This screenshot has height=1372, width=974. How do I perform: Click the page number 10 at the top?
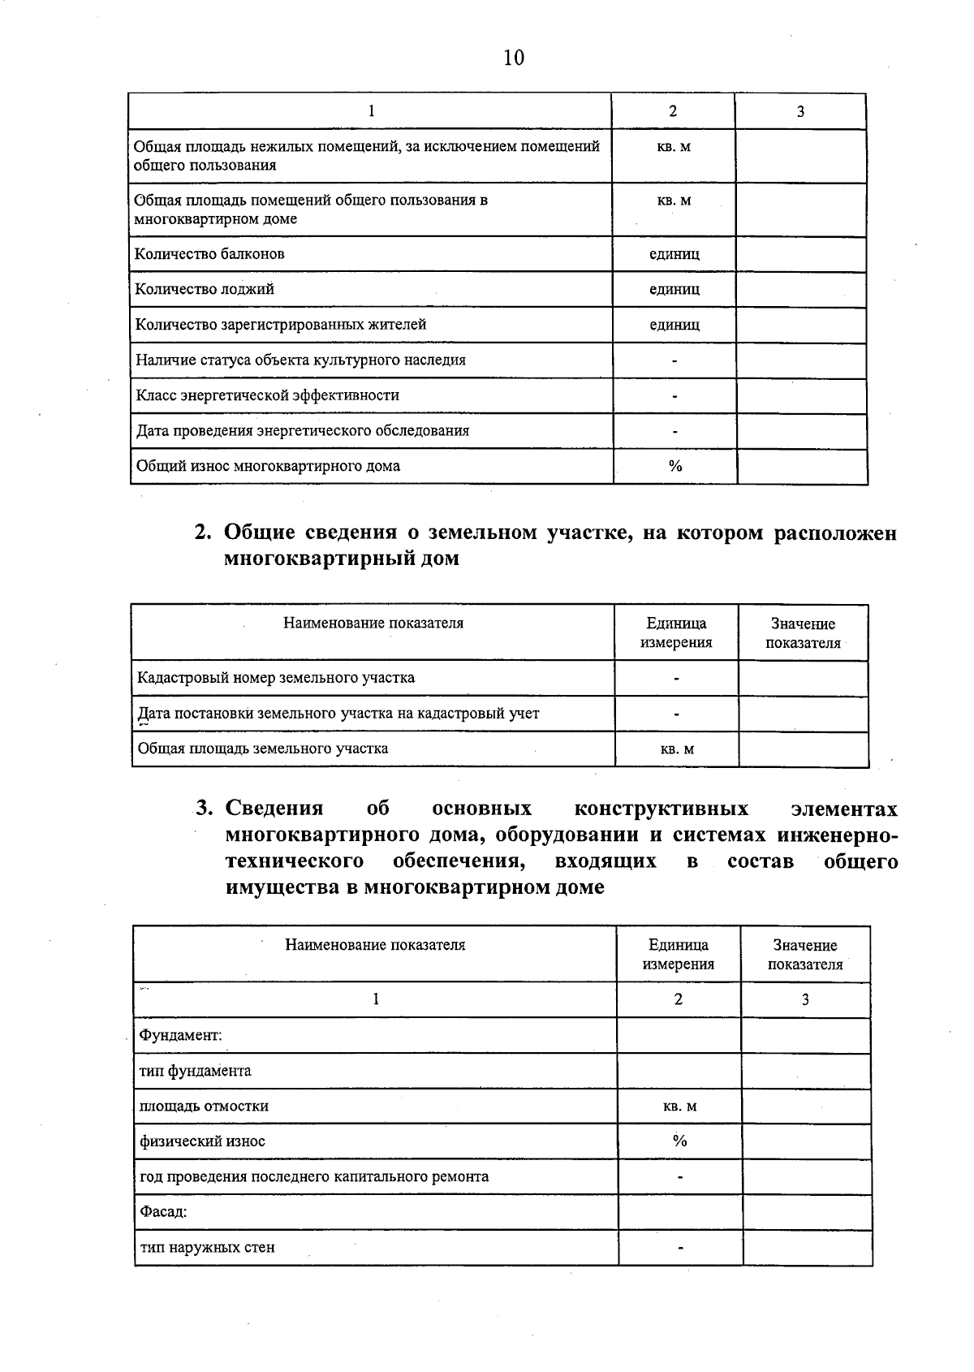514,58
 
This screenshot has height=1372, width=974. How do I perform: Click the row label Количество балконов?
209,254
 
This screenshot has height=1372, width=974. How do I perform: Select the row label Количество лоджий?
205,289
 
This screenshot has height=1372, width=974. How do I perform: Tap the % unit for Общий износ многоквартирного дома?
675,466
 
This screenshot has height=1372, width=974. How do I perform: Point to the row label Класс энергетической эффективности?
267,395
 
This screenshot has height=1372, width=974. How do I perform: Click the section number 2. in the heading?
203,533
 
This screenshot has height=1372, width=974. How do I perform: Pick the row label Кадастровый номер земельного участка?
276,678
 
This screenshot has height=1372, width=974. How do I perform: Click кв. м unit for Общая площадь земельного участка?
677,749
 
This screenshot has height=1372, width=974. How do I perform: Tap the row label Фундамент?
180,1036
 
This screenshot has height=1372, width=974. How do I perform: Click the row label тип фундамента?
196,1071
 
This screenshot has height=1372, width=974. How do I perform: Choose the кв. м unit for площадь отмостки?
679,1107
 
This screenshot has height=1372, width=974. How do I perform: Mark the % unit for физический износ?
679,1141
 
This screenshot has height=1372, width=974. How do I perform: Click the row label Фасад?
163,1212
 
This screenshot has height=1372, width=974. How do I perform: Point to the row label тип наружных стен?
207,1248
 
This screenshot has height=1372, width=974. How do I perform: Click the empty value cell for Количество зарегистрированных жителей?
801,325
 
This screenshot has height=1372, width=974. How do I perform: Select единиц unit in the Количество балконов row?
674,254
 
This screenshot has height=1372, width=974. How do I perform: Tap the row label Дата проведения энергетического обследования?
302,431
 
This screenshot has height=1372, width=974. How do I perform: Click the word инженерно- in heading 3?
837,835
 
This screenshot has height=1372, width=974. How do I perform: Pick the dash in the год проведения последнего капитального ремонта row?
680,1177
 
